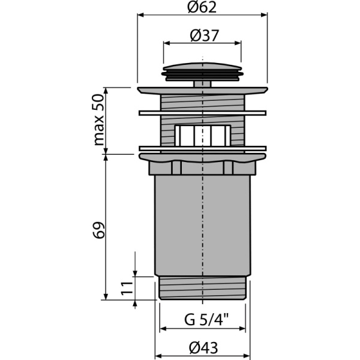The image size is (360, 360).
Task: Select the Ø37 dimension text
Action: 203,35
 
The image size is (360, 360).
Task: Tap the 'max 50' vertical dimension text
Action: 99,121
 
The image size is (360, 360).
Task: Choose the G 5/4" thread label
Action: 203,319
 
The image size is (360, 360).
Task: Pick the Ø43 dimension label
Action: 203,347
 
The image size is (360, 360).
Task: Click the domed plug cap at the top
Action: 203,68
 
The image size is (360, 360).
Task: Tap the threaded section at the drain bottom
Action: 203,289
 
